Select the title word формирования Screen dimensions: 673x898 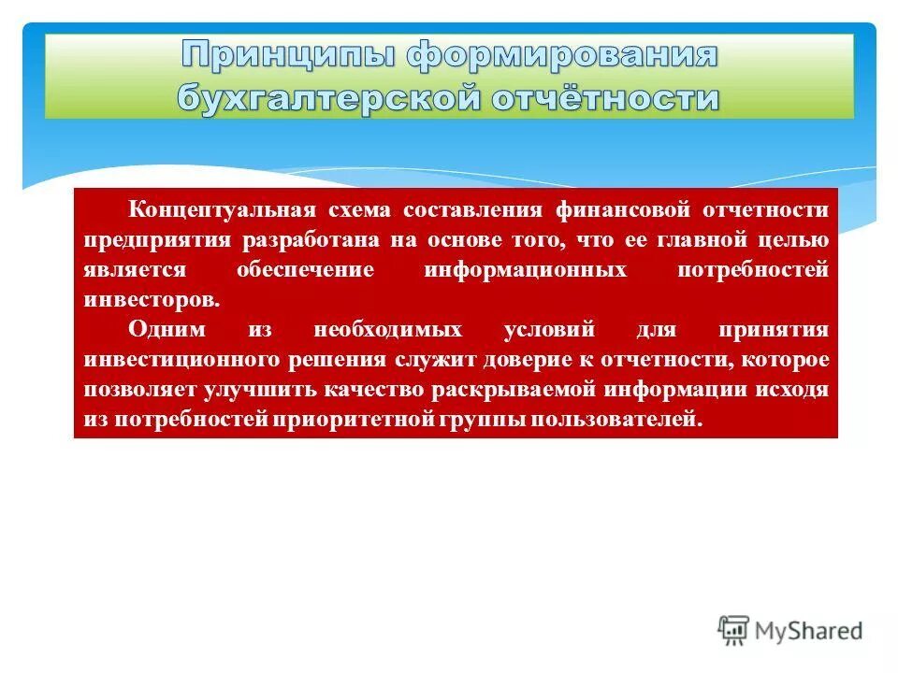tap(561, 55)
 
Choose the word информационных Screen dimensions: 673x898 tap(525, 270)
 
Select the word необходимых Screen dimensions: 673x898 tap(387, 331)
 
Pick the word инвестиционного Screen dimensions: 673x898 tap(183, 361)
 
